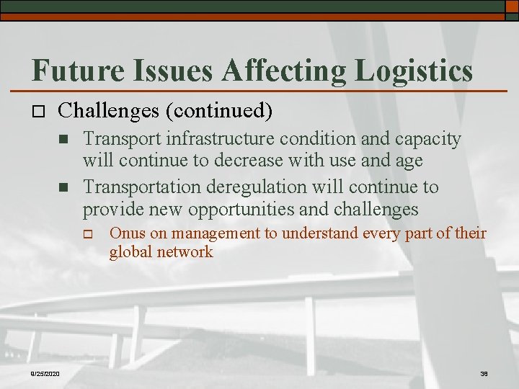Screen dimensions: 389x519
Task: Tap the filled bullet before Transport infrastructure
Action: [x=64, y=139]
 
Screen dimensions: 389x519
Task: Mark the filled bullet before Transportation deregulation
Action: [x=64, y=187]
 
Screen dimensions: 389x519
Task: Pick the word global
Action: [x=128, y=252]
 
